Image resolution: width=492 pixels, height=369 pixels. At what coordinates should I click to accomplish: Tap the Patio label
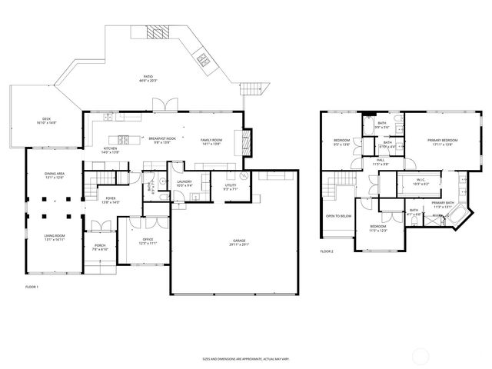pyautogui.click(x=148, y=78)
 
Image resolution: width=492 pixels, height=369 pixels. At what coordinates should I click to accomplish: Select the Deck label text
pyautogui.click(x=46, y=121)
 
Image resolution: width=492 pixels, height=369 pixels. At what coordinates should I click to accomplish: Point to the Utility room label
pyautogui.click(x=230, y=187)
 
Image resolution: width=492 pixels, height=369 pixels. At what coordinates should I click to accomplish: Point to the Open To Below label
pyautogui.click(x=338, y=216)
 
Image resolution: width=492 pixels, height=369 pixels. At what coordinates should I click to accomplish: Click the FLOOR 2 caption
pyautogui.click(x=327, y=251)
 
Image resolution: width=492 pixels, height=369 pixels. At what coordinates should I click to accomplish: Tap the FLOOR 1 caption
pyautogui.click(x=32, y=287)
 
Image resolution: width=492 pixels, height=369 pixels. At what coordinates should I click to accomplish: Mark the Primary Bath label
pyautogui.click(x=442, y=205)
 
